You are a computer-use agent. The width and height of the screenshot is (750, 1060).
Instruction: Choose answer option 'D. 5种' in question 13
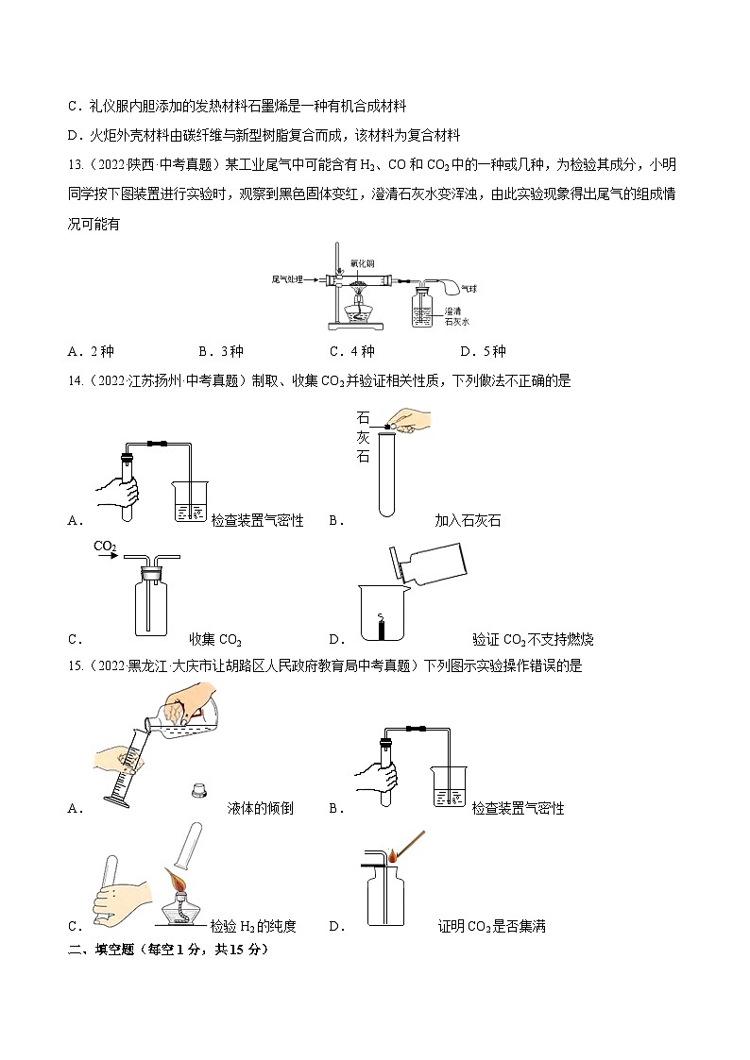483,352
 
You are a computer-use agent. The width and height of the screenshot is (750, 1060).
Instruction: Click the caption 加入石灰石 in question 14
468,520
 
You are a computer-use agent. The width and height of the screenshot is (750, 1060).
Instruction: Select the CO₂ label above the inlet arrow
105,547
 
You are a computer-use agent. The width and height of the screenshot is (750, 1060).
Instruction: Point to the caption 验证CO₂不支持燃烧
533,640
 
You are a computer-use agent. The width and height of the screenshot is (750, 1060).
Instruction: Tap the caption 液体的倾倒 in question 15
261,808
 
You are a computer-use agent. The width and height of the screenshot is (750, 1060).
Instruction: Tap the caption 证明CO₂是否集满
491,926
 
